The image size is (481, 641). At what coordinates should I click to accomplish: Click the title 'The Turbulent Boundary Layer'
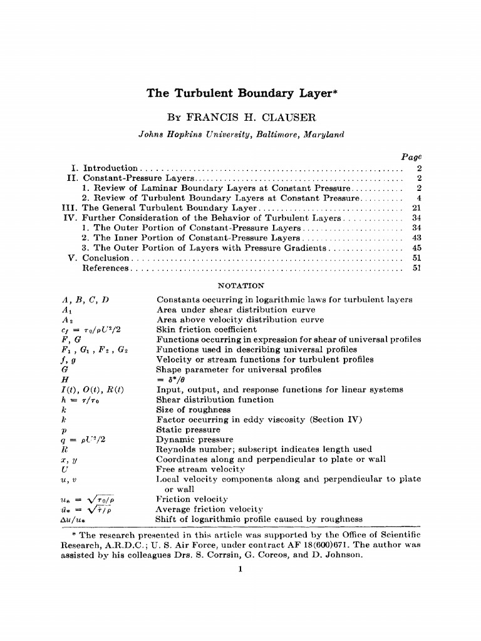pyautogui.click(x=242, y=94)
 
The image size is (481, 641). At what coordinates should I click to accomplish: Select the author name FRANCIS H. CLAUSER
pyautogui.click(x=241, y=118)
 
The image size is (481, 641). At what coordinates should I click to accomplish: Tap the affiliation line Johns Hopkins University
pyautogui.click(x=241, y=133)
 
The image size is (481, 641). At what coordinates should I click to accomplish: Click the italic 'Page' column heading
pyautogui.click(x=411, y=155)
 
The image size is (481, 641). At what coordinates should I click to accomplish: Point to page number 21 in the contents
pyautogui.click(x=416, y=208)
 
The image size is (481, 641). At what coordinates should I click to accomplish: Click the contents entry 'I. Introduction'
pyautogui.click(x=105, y=168)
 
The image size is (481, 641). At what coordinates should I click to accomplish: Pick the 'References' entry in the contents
pyautogui.click(x=105, y=268)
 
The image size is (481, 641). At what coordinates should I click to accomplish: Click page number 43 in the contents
pyautogui.click(x=416, y=238)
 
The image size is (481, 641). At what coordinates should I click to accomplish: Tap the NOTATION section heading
pyautogui.click(x=240, y=285)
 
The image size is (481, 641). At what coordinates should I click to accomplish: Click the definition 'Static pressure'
pyautogui.click(x=188, y=429)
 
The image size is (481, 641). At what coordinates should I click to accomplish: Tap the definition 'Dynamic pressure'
pyautogui.click(x=192, y=439)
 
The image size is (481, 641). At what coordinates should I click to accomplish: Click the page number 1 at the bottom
pyautogui.click(x=240, y=568)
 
